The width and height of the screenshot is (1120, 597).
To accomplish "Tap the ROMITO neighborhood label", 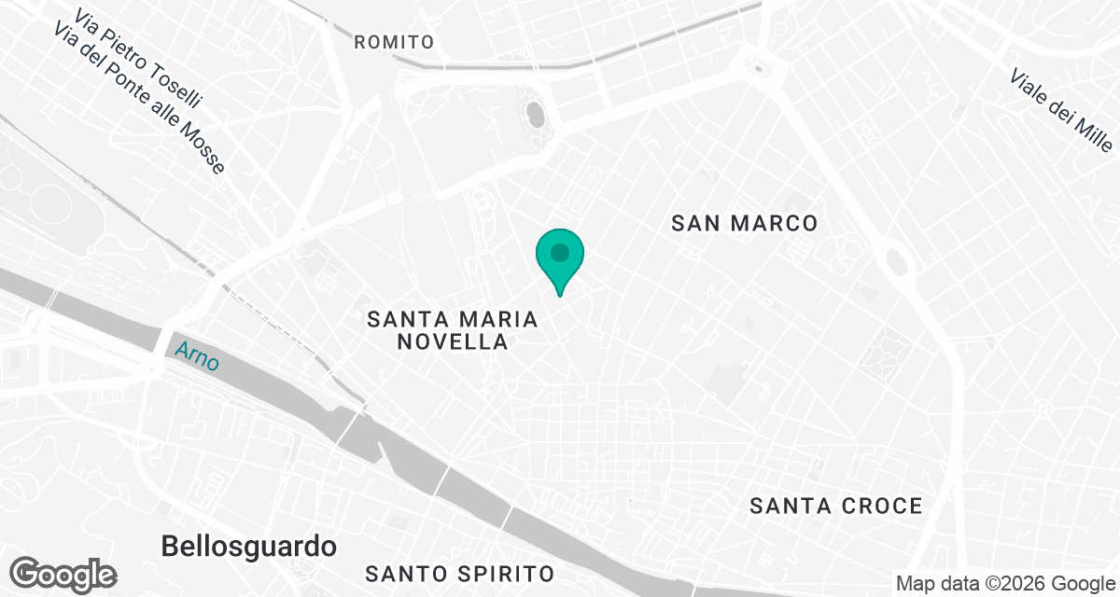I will pos(395,42).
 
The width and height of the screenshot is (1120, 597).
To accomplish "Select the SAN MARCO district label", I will pos(745,223).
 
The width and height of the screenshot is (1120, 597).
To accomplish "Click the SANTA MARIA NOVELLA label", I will pos(453,330).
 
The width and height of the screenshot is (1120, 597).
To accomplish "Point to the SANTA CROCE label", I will pos(836,506).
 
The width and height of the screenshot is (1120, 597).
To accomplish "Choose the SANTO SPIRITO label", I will pos(460,572).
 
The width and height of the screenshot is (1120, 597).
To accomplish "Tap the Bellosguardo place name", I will pos(249,546).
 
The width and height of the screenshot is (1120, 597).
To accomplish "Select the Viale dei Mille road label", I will pos(1062,110).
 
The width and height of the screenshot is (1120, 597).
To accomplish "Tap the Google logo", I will pos(63,574).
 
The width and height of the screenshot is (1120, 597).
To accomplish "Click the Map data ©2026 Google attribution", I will pos(1005,584).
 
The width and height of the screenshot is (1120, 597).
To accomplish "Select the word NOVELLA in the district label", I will pos(453,342).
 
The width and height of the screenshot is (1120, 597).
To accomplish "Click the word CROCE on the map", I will pos(878,506).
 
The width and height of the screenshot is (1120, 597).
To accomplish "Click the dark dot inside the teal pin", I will pos(559,252).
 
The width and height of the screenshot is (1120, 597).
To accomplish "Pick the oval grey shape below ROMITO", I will pos(536,115).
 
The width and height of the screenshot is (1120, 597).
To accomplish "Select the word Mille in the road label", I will pos(1093,133).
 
